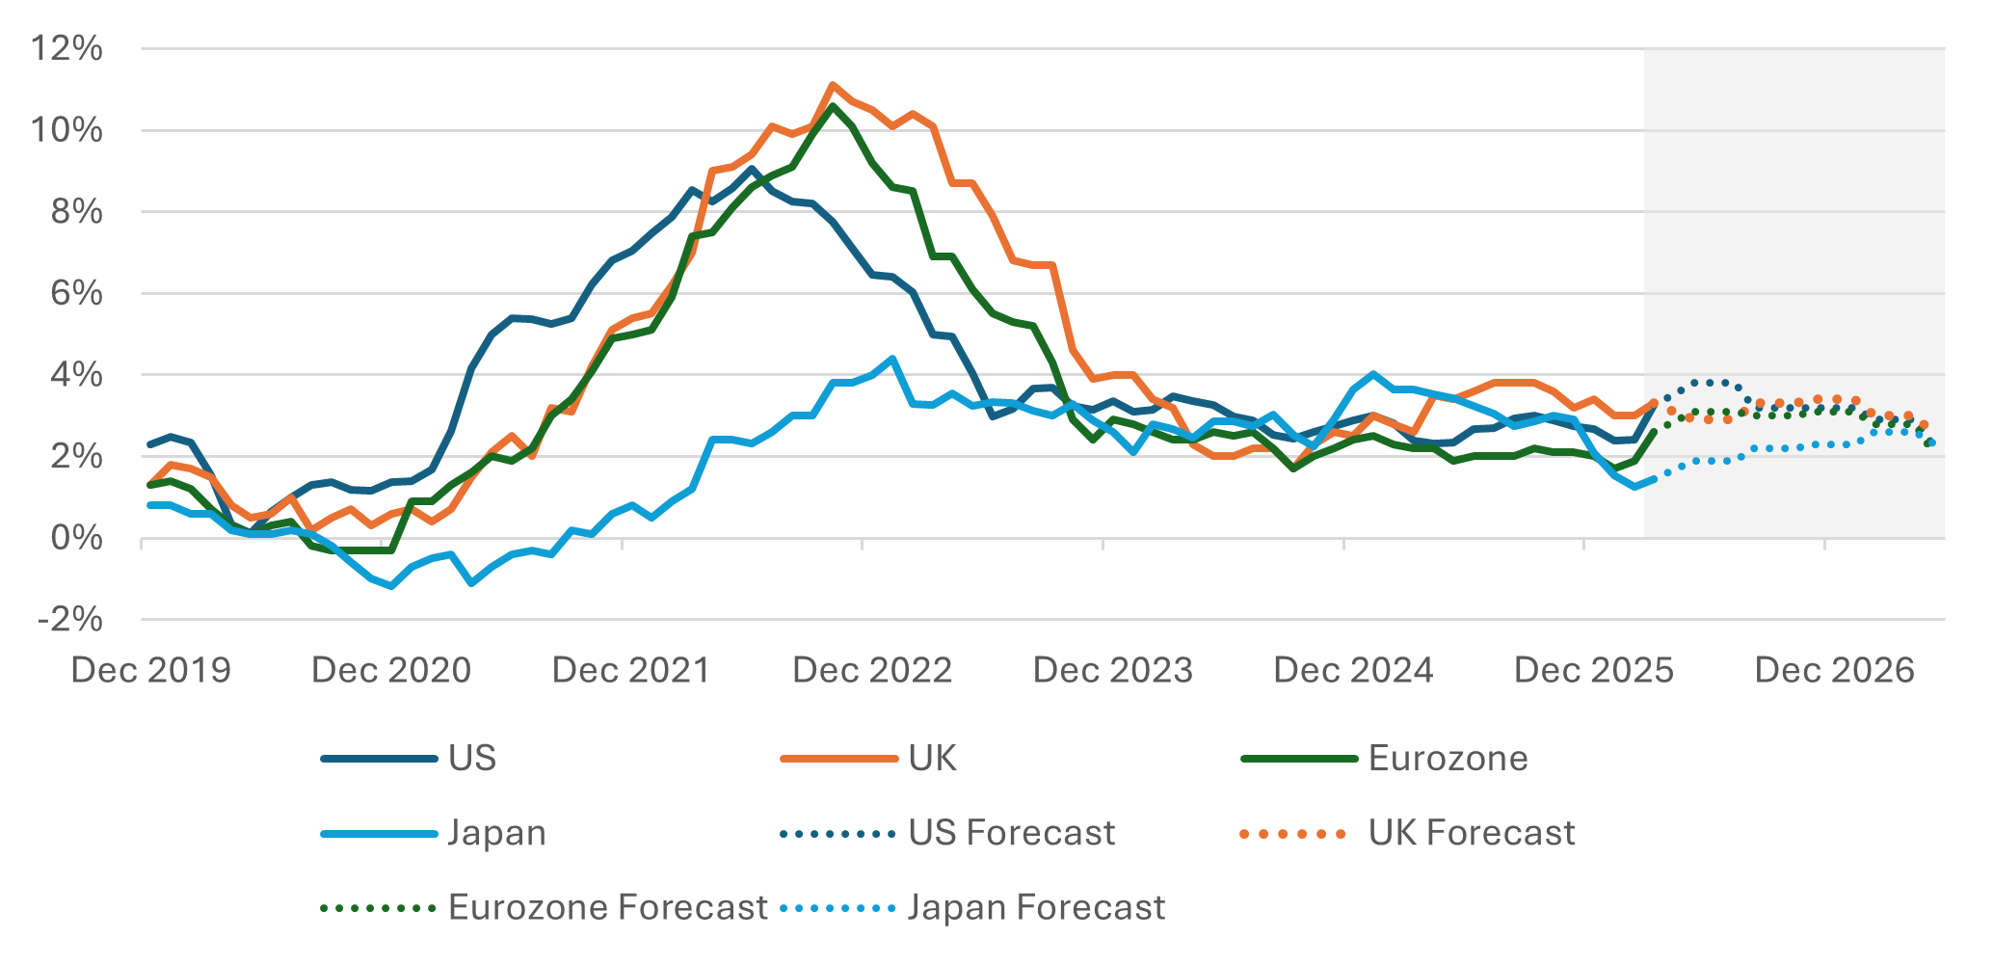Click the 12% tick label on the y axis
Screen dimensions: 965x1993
pyautogui.click(x=66, y=48)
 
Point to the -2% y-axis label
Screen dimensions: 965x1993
pyautogui.click(x=69, y=619)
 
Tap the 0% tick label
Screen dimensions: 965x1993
pyautogui.click(x=76, y=538)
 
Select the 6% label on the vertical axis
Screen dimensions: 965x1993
pyautogui.click(x=76, y=293)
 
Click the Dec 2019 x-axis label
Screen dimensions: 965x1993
pyautogui.click(x=151, y=670)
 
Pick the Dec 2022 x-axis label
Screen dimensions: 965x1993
pyautogui.click(x=871, y=670)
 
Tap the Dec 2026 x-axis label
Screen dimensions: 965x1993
pyautogui.click(x=1834, y=670)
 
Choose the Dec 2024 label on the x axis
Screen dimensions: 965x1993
pyautogui.click(x=1353, y=670)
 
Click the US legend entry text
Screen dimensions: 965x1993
pyautogui.click(x=472, y=759)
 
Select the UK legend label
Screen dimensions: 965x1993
pyautogui.click(x=932, y=759)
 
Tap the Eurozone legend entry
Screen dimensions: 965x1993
pyautogui.click(x=1448, y=759)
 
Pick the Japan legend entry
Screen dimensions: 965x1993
pyautogui.click(x=496, y=833)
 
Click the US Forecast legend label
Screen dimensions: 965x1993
pyautogui.click(x=1011, y=833)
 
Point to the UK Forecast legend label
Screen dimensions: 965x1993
pyautogui.click(x=1471, y=833)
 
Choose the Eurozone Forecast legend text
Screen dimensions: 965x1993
pyautogui.click(x=607, y=907)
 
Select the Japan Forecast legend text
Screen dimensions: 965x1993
pyautogui.click(x=1036, y=907)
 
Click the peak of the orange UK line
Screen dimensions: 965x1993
pyautogui.click(x=832, y=85)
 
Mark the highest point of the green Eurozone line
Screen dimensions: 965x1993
pyautogui.click(x=833, y=106)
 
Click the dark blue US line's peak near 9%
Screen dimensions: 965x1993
pyautogui.click(x=753, y=170)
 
